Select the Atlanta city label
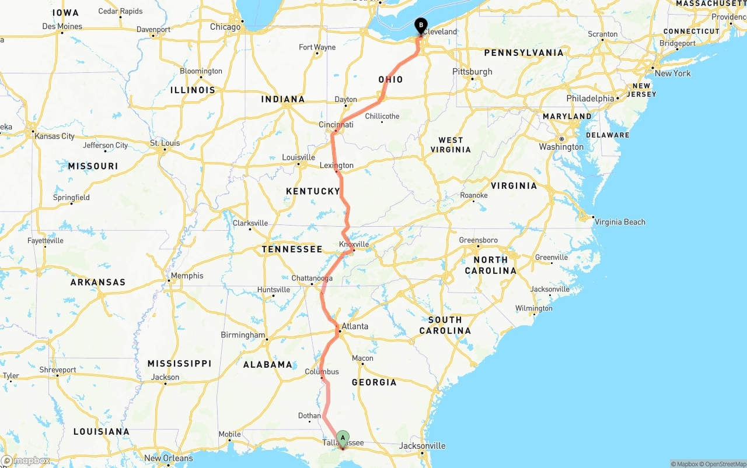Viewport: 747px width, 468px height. click(355, 326)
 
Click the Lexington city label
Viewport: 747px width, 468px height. click(337, 166)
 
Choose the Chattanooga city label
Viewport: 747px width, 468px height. click(312, 279)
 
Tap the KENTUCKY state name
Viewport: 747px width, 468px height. click(313, 191)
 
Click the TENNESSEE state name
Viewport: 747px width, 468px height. click(292, 249)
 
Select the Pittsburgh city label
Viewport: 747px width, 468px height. click(472, 72)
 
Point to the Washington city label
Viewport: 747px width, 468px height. click(561, 147)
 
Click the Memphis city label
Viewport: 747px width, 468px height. click(187, 276)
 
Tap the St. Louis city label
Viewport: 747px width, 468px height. click(165, 143)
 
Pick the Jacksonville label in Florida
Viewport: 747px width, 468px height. click(423, 446)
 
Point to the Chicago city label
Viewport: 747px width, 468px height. click(225, 27)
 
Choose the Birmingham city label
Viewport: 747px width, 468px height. click(243, 335)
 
